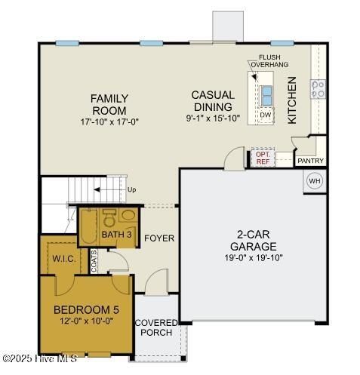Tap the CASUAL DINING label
point(212,101)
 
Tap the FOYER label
point(159,238)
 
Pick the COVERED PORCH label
point(156,328)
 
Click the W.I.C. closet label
point(63,259)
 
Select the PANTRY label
point(310,161)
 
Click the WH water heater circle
point(315,181)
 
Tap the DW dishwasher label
point(266,115)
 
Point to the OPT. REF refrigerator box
point(263,158)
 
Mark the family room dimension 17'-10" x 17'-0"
point(109,121)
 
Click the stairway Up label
point(131,189)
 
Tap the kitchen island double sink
point(266,94)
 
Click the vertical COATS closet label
point(94,260)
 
